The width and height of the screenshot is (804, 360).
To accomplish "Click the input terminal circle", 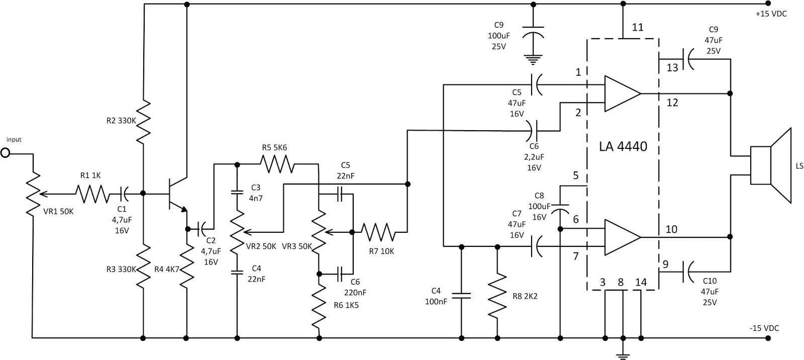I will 6,152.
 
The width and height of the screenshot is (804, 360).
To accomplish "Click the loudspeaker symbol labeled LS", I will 770,165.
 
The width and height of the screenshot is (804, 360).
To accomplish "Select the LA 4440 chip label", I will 623,147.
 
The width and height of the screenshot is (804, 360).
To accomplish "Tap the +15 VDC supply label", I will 771,14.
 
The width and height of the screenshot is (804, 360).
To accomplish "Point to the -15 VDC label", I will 764,328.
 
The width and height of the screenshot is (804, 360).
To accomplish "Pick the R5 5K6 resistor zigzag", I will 277,163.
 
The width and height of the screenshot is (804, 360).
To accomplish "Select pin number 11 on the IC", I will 637,28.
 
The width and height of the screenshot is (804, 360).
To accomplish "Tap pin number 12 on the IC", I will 672,103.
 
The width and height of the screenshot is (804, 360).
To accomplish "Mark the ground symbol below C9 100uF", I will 534,61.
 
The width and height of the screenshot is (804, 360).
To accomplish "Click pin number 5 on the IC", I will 575,176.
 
